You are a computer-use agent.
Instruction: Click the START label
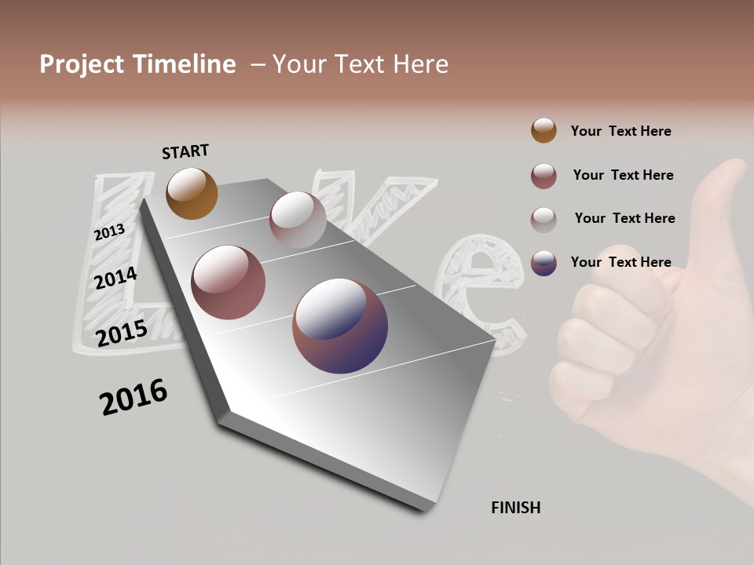pos(185,151)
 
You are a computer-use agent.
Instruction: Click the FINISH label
pos(515,508)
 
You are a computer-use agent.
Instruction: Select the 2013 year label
pos(109,231)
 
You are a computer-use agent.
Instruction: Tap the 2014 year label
pos(115,279)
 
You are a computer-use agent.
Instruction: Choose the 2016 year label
pos(134,397)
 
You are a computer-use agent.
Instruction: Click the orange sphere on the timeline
pos(192,193)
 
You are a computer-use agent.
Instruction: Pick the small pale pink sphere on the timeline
pos(298,219)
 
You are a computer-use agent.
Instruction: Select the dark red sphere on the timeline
pos(228,282)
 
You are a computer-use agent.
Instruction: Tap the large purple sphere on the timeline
pos(340,325)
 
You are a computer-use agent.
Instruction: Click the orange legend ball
pos(544,130)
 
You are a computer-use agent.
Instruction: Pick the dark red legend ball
pos(544,175)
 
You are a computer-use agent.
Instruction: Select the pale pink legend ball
pos(544,219)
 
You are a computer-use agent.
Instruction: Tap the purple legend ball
pos(544,262)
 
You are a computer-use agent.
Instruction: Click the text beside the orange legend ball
pos(620,131)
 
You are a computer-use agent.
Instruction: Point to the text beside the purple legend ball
pos(620,262)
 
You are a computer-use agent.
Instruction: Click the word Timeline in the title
pos(184,64)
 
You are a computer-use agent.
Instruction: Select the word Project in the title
pos(82,64)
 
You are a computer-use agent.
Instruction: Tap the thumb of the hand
pos(727,196)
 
